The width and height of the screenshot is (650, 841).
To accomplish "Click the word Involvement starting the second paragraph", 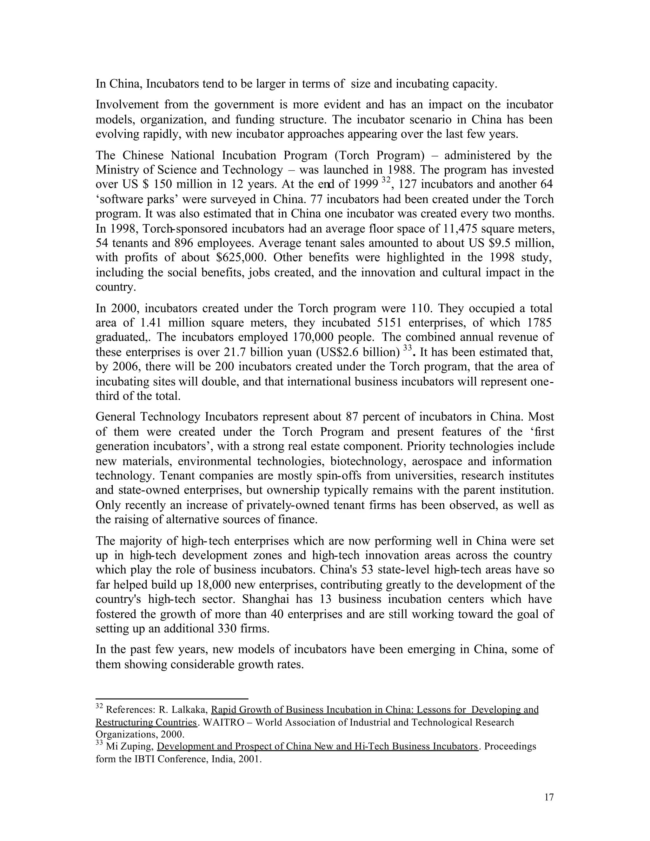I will pos(127,105).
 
